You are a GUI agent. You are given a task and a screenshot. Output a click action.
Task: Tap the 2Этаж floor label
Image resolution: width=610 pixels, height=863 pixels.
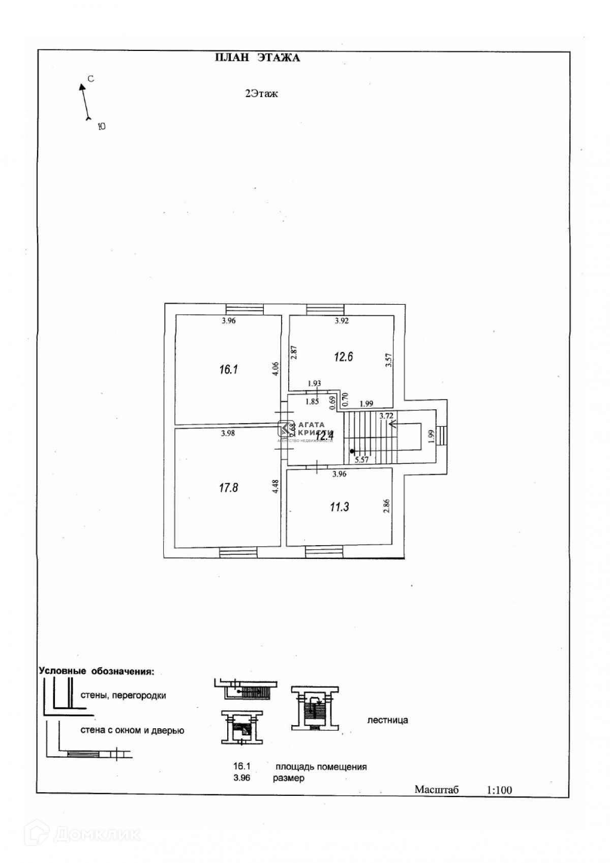[261, 94]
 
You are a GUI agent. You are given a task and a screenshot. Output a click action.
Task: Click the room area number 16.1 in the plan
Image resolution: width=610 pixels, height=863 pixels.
[229, 370]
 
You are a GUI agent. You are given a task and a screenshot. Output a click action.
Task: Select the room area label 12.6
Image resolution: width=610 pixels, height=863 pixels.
[343, 356]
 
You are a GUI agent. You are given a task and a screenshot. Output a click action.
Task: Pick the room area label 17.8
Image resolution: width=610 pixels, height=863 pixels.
[228, 488]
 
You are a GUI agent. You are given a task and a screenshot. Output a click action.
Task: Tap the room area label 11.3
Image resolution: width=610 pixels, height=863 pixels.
[339, 507]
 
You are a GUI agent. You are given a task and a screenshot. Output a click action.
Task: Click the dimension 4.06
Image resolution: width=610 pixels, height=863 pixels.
[275, 368]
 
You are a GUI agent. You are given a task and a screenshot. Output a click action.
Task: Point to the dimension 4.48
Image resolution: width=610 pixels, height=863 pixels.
[275, 487]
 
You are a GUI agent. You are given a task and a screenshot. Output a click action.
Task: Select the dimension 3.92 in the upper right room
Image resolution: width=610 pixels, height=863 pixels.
[342, 321]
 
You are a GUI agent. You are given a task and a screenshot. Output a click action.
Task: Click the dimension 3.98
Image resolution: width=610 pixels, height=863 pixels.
[228, 433]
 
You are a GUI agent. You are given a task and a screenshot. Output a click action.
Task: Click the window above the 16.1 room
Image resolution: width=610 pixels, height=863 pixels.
[245, 309]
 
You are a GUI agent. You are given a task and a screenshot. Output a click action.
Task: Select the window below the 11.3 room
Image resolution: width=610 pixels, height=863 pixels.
[325, 552]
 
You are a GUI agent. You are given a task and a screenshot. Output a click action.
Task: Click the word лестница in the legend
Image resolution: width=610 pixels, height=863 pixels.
[387, 720]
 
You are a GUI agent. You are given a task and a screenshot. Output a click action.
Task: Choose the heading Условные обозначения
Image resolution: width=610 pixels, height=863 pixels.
[96, 671]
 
